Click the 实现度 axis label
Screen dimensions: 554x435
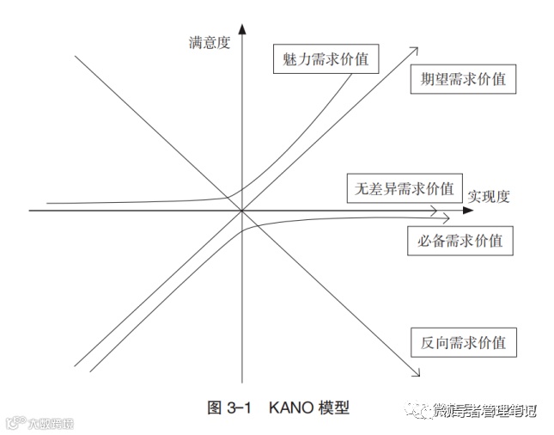pyautogui.click(x=489, y=195)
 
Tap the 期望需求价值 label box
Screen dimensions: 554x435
pyautogui.click(x=463, y=80)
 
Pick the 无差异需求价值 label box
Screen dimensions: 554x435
pyautogui.click(x=401, y=187)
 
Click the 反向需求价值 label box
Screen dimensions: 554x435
pyautogui.click(x=464, y=342)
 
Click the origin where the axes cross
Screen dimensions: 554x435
pyautogui.click(x=243, y=210)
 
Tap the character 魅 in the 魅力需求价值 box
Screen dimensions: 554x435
pyautogui.click(x=289, y=59)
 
